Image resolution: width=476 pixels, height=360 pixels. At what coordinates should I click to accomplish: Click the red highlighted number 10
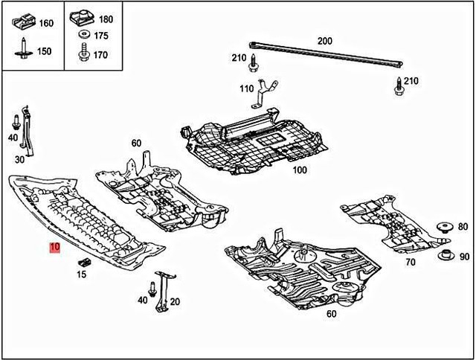(54, 248)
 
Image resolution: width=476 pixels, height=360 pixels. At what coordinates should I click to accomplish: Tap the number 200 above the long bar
(325, 41)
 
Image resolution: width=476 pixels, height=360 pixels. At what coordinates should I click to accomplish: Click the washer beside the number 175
(81, 36)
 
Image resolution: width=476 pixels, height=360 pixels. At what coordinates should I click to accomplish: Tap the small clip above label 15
(84, 261)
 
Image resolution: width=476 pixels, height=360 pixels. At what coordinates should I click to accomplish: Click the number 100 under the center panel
(299, 170)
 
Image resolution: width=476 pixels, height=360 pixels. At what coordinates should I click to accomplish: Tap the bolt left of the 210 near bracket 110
(255, 62)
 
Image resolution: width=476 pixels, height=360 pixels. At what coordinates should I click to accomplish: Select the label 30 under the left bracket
(19, 158)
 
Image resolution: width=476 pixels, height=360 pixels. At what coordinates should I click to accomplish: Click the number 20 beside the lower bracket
(176, 301)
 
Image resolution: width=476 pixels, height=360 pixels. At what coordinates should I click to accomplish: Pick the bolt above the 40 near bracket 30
(15, 122)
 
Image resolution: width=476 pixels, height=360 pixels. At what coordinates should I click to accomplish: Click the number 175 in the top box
(101, 36)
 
